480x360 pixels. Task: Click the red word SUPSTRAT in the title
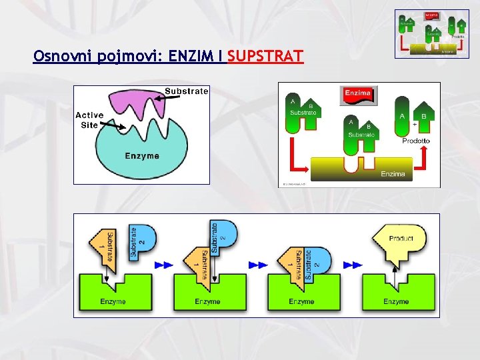point(265,57)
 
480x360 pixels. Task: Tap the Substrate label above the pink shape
point(186,91)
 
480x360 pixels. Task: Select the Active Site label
point(89,120)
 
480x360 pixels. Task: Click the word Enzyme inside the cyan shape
point(142,155)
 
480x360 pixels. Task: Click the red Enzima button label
point(358,93)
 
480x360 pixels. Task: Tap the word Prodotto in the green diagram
point(416,141)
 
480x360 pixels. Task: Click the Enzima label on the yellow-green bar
point(393,174)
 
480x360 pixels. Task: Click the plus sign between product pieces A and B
point(415,124)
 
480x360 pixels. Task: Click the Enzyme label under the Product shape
point(396,301)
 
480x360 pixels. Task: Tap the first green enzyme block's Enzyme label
point(113,301)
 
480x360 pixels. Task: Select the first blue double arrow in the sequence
point(163,265)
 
